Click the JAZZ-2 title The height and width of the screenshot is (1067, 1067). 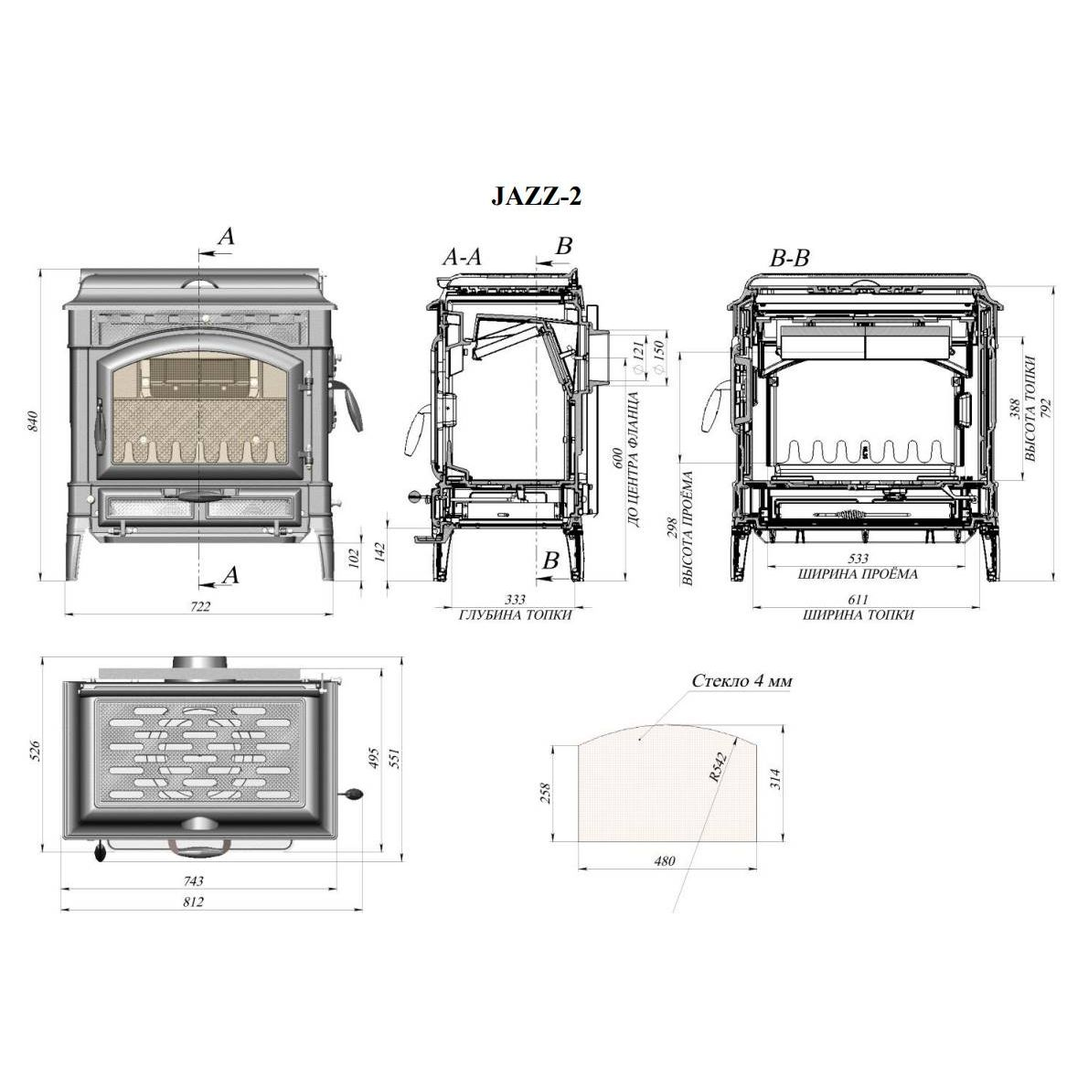pos(536,197)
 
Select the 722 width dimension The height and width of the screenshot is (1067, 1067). pos(200,606)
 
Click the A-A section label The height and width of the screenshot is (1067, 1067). pos(462,257)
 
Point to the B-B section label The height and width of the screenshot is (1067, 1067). pos(789,258)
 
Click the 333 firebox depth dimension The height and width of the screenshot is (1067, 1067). pos(515,600)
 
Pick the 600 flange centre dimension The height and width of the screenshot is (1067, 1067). pos(617,457)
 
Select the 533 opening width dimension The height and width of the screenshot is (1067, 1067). pos(859,558)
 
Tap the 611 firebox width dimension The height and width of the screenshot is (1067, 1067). pos(859,600)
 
